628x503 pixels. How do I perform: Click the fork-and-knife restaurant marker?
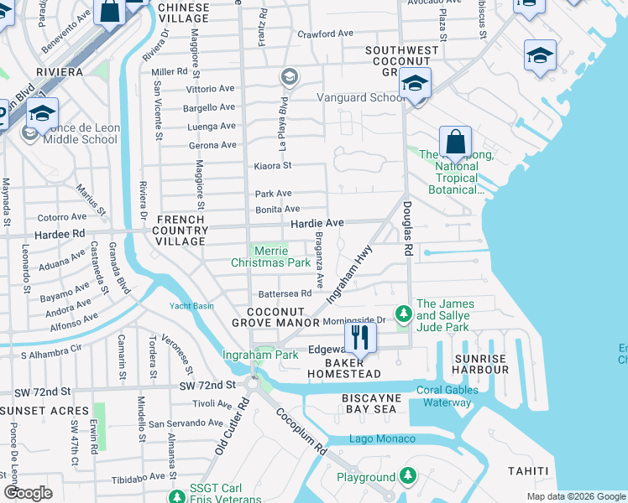click(360, 338)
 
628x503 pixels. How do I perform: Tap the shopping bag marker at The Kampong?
click(455, 142)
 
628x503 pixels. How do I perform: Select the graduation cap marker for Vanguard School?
click(415, 84)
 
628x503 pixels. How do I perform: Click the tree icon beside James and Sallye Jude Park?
click(404, 313)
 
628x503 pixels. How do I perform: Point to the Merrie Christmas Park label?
click(270, 257)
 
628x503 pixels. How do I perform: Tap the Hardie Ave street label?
click(317, 223)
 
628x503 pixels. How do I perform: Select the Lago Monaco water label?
click(382, 439)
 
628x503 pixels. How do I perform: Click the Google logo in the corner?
click(28, 492)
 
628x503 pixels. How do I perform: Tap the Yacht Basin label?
click(191, 305)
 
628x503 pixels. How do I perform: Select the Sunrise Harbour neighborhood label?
click(481, 364)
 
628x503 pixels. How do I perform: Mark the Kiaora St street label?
click(272, 166)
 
